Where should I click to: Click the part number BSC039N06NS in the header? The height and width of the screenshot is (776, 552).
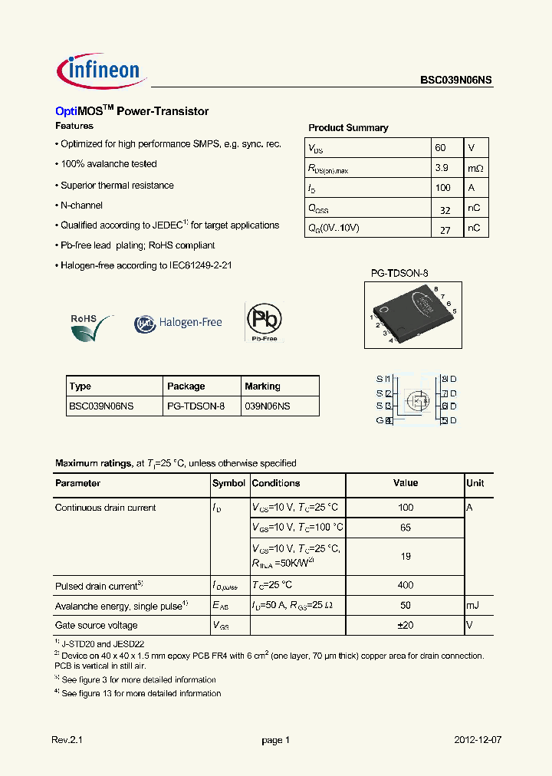point(455,79)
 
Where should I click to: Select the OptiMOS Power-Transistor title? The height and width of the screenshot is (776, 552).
point(132,111)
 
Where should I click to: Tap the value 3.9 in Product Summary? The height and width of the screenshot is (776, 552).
point(442,167)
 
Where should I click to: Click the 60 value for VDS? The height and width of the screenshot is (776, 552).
point(440,147)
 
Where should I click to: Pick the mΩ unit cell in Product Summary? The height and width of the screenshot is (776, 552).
point(475,167)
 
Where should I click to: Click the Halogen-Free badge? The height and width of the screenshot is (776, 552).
point(179,323)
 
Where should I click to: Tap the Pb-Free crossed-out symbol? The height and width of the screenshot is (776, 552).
point(264,321)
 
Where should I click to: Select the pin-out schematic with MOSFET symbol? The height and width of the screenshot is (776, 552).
point(416,400)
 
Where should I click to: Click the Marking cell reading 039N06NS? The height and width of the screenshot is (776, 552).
point(268,406)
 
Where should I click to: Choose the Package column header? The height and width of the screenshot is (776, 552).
point(186,386)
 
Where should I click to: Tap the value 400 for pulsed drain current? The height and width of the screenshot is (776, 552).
point(406,585)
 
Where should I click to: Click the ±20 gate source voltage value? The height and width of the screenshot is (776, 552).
point(406,625)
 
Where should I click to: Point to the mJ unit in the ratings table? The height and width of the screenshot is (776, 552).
point(474,605)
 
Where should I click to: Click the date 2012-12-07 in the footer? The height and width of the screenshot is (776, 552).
point(478,740)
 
